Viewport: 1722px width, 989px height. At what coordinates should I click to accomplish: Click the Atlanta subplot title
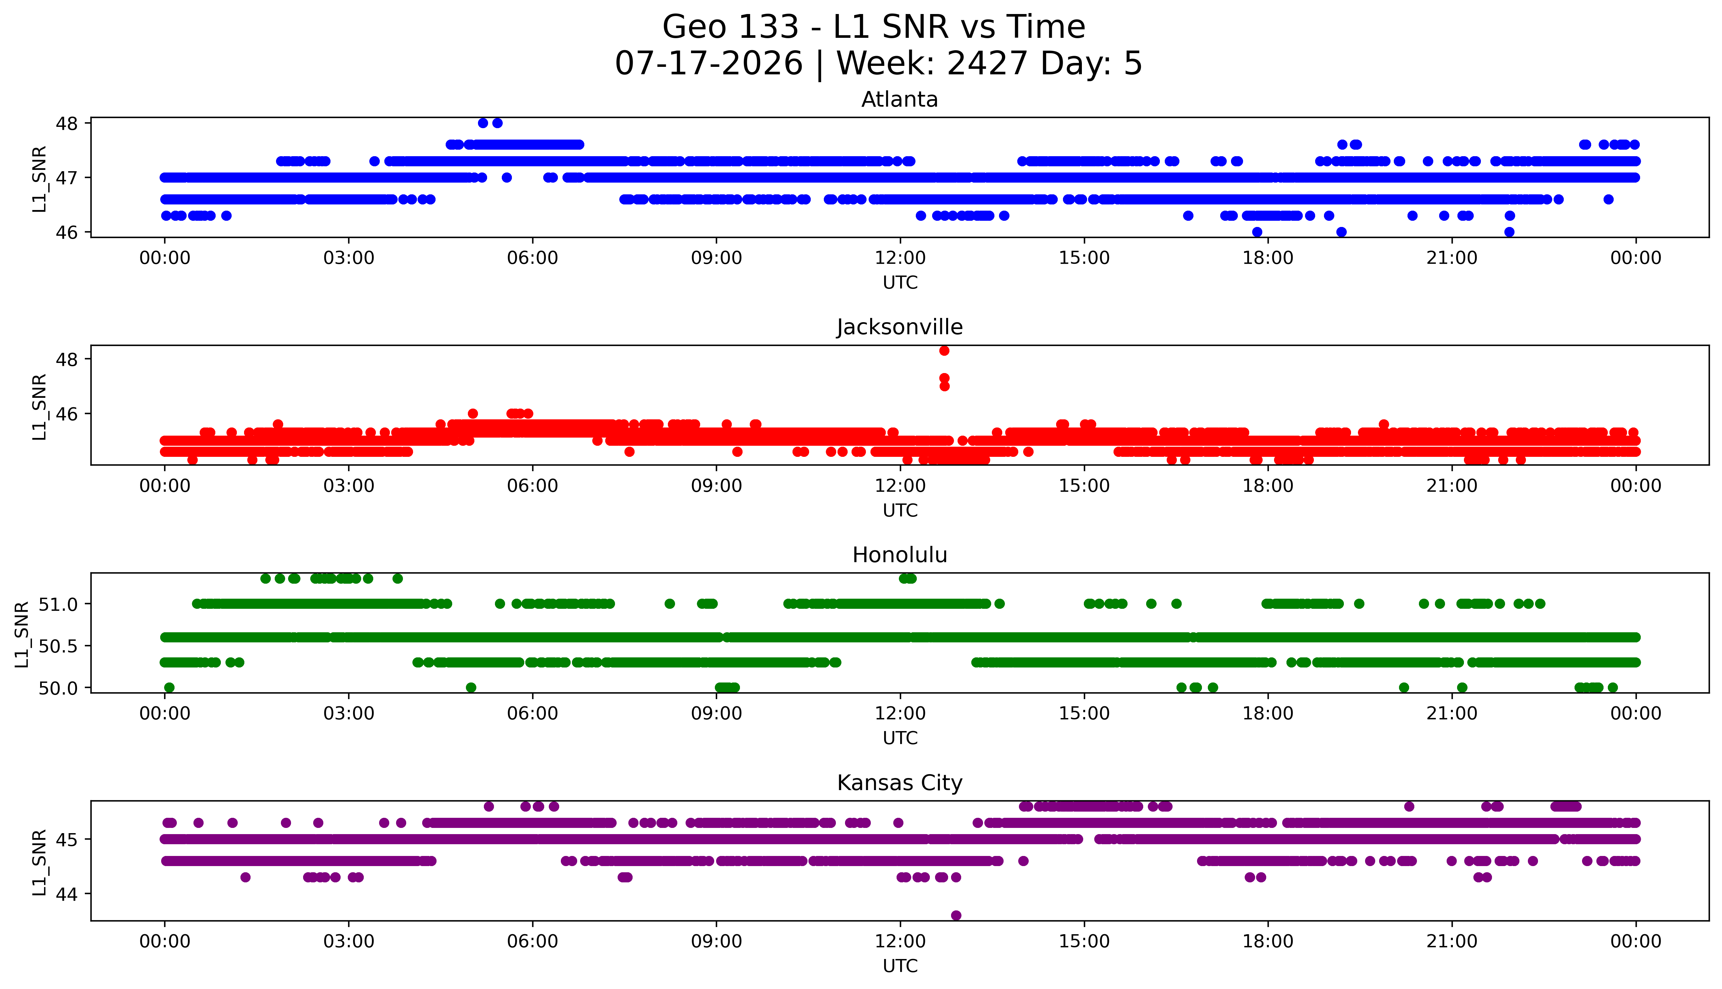(x=900, y=100)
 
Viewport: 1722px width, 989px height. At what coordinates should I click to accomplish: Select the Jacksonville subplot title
(x=900, y=327)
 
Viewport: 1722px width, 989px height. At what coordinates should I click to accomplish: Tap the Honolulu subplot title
(x=900, y=555)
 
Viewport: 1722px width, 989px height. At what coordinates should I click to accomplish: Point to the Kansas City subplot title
(x=900, y=783)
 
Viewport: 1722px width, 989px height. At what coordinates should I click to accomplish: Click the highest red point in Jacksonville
(x=944, y=351)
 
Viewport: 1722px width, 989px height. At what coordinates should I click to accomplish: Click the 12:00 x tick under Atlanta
(x=900, y=258)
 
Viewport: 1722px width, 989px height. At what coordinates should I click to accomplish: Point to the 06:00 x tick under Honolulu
(x=533, y=713)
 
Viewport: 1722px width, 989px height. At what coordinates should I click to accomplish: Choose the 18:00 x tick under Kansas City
(x=1268, y=941)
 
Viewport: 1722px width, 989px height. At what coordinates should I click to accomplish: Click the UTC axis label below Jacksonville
(x=900, y=510)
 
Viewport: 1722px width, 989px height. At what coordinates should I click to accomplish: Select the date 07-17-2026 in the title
(x=709, y=63)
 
